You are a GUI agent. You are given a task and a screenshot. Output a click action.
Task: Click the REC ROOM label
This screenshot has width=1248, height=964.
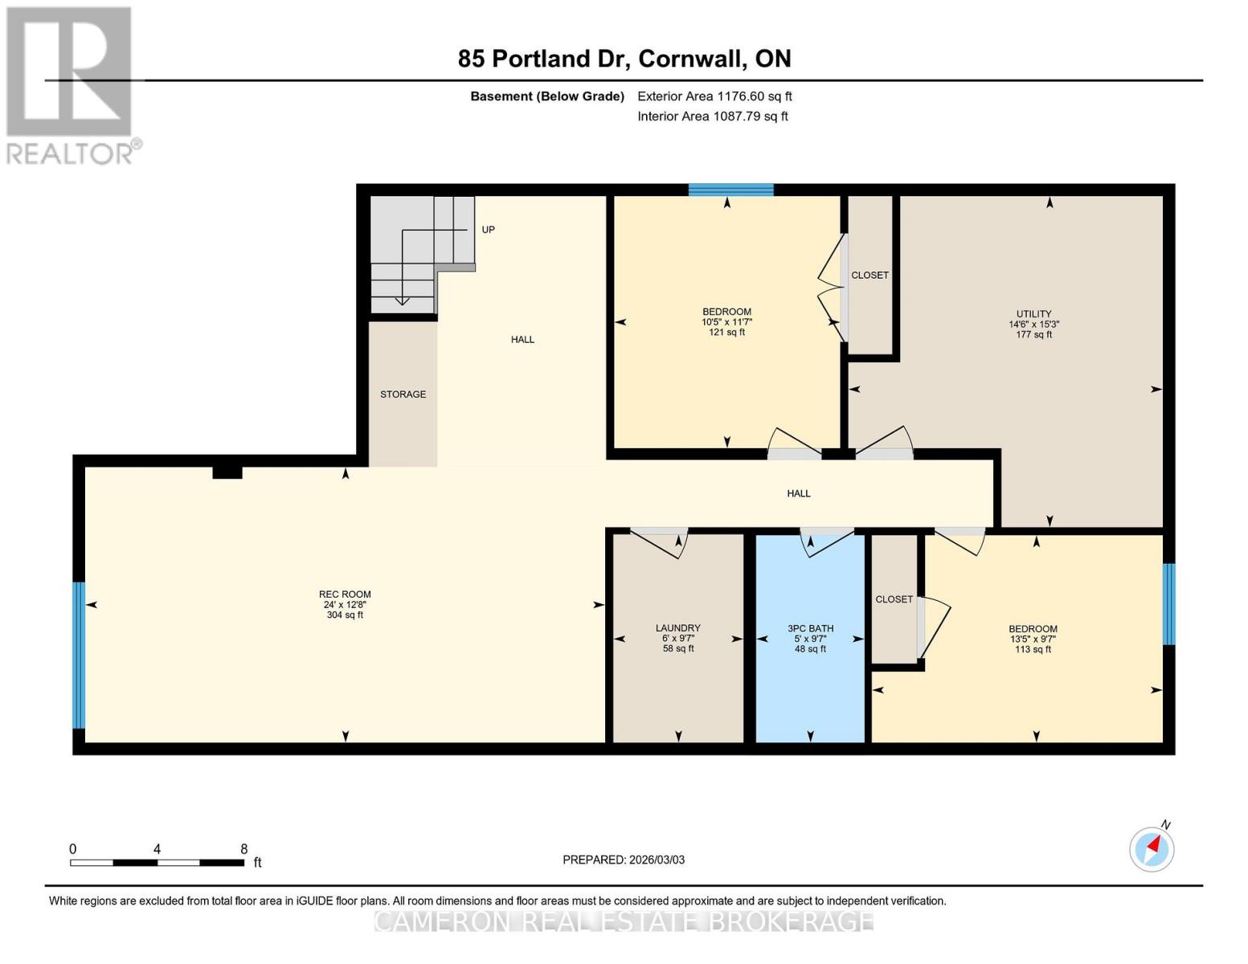[x=345, y=594]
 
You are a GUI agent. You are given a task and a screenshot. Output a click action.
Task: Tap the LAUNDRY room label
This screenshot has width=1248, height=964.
[x=677, y=628]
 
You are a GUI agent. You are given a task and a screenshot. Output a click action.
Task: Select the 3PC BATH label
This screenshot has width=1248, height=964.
[x=810, y=628]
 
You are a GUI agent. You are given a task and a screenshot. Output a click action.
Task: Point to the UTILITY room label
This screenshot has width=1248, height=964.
[x=1033, y=314]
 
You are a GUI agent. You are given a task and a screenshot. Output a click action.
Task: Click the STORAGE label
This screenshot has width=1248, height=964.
[x=403, y=394]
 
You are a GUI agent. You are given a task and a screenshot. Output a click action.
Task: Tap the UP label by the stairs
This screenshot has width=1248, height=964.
[x=488, y=230]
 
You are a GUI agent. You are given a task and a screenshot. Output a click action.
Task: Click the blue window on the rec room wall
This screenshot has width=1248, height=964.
[x=79, y=655]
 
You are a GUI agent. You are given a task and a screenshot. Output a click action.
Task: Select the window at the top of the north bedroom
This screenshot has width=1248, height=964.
[x=730, y=190]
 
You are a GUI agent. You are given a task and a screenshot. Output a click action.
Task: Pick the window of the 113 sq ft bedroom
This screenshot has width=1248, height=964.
[x=1168, y=604]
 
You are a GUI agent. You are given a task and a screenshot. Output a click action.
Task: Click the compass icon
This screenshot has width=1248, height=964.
[x=1152, y=848]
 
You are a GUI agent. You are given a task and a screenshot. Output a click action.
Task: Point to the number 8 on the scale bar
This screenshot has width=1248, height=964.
[x=243, y=849]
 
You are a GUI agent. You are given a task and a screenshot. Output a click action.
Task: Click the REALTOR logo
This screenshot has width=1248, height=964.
[x=71, y=85]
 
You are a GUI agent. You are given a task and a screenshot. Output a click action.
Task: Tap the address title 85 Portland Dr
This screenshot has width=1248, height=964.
[x=624, y=59]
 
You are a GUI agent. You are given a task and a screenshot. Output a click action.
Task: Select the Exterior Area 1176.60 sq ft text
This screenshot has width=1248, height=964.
[x=714, y=96]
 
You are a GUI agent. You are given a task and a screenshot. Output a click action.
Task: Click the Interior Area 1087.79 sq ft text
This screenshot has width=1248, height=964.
[x=712, y=116]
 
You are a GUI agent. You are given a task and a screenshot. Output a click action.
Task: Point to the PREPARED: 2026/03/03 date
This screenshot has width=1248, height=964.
[x=624, y=860]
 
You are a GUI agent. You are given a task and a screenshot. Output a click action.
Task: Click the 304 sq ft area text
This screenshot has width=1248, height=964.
[x=345, y=615]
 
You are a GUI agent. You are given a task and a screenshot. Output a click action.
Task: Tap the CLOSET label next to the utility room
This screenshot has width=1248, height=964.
[x=870, y=276]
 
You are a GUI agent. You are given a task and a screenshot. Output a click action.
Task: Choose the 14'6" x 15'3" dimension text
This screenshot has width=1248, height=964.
[x=1033, y=325]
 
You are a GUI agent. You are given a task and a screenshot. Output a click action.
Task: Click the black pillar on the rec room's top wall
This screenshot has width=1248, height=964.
[x=227, y=472]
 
